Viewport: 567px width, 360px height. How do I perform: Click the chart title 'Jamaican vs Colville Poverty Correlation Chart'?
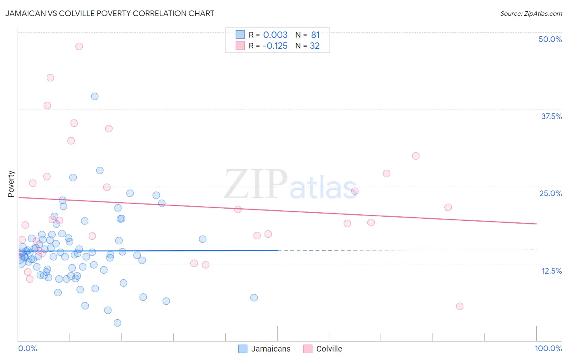[110, 13]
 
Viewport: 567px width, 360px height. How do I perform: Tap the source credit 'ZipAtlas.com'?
[531, 13]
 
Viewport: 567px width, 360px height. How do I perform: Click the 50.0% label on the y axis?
[550, 39]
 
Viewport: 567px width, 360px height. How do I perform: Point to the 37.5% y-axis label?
[551, 116]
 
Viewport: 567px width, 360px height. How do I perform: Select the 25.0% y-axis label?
[550, 193]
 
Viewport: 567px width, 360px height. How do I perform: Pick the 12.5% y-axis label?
[551, 271]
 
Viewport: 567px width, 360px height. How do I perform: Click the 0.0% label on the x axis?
[27, 348]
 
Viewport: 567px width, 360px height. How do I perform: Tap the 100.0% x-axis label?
[548, 348]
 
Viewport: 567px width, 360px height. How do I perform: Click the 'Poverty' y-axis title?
[11, 184]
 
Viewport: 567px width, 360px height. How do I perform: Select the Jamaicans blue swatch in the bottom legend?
[243, 349]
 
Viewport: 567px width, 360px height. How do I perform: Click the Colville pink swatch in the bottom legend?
[308, 349]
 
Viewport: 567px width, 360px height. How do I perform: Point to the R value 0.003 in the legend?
[275, 35]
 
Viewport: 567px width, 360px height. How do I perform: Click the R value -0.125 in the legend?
[275, 46]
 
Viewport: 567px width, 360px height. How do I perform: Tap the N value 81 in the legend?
[315, 35]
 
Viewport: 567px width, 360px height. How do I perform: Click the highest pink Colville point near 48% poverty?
[79, 46]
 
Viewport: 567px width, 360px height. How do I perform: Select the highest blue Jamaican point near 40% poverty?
[95, 96]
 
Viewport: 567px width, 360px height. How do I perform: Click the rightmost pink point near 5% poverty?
[460, 306]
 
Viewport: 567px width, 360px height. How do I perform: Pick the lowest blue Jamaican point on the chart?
[117, 322]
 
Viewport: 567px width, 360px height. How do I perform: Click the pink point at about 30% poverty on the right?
[416, 156]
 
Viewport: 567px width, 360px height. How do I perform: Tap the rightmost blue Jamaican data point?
[254, 297]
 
